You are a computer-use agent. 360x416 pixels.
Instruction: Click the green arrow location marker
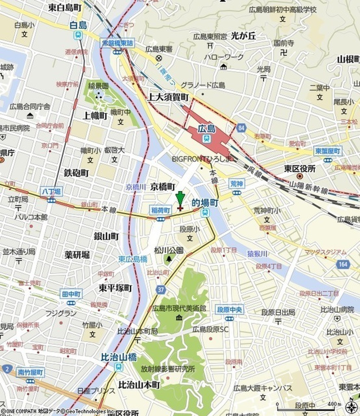[180, 199]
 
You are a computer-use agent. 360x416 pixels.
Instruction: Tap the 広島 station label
[206, 129]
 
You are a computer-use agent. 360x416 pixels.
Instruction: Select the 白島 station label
[78, 26]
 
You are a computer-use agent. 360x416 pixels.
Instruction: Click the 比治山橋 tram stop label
[118, 358]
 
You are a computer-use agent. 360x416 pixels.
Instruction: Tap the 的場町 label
[205, 202]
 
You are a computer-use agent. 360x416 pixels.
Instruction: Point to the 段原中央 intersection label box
[230, 310]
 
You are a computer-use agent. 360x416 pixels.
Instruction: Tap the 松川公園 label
[169, 250]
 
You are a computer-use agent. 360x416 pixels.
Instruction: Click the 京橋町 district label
[163, 186]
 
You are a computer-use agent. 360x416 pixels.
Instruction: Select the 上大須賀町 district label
[168, 97]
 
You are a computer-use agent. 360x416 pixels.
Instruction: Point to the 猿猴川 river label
[258, 253]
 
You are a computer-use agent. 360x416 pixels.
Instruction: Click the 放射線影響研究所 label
[168, 369]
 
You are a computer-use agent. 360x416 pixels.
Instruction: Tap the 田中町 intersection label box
[71, 293]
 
